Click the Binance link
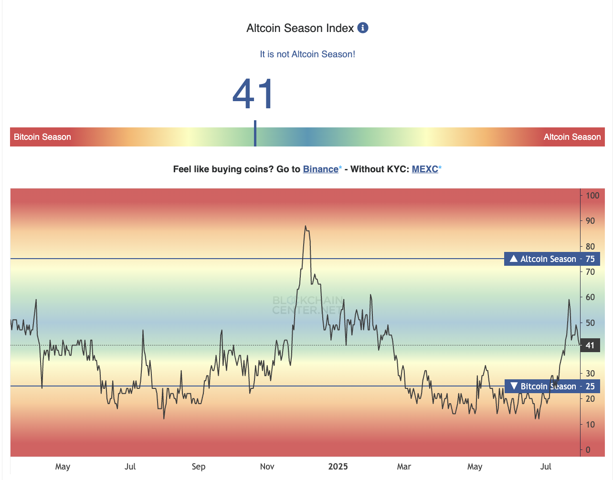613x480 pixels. click(x=320, y=169)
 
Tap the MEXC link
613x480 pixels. click(x=425, y=169)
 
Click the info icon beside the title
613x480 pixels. click(x=363, y=28)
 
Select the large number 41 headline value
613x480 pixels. click(x=254, y=94)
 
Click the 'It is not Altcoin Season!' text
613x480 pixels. click(x=307, y=54)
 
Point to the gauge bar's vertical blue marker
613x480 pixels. click(x=255, y=134)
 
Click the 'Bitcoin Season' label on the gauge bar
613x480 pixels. click(x=42, y=137)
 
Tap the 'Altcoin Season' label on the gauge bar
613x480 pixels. click(x=572, y=137)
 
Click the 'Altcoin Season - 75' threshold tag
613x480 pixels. click(x=552, y=259)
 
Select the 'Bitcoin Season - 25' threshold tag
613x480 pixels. click(x=552, y=386)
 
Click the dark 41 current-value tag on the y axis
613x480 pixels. click(x=590, y=345)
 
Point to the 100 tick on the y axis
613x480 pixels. click(x=592, y=196)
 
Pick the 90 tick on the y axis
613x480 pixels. click(x=590, y=221)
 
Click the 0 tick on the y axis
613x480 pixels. click(x=588, y=450)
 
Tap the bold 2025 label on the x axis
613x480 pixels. click(x=338, y=467)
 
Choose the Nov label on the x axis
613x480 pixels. click(x=267, y=467)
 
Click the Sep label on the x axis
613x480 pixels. click(x=199, y=467)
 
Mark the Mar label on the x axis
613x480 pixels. click(x=404, y=467)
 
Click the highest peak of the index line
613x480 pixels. click(x=305, y=226)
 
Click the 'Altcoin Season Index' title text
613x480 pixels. click(x=300, y=28)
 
